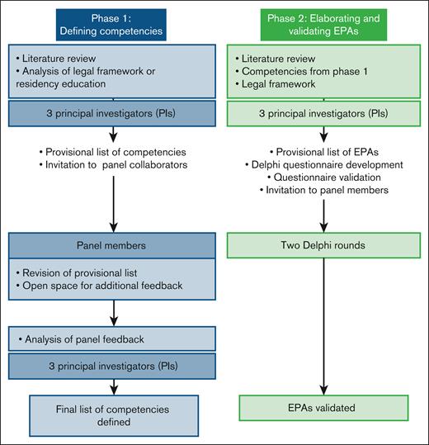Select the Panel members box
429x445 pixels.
[110, 245]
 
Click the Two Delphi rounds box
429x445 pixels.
[318, 245]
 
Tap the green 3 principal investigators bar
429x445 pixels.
[318, 111]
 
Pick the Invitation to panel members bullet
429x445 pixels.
[318, 190]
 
